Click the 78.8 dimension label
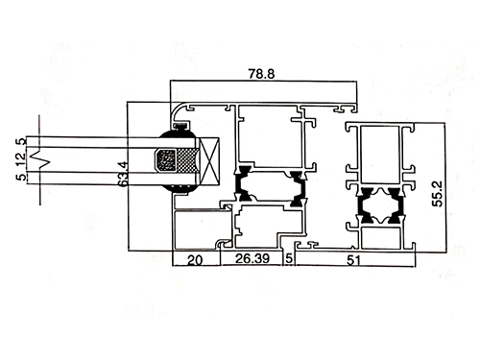coord(261,74)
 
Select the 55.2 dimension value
coord(437,194)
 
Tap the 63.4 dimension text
coord(123,174)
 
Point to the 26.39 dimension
coord(252,258)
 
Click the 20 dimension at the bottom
coord(195,260)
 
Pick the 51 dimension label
coord(353,260)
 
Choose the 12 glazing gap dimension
coord(21,159)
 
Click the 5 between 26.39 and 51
coord(289,258)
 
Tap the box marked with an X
coord(209,161)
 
